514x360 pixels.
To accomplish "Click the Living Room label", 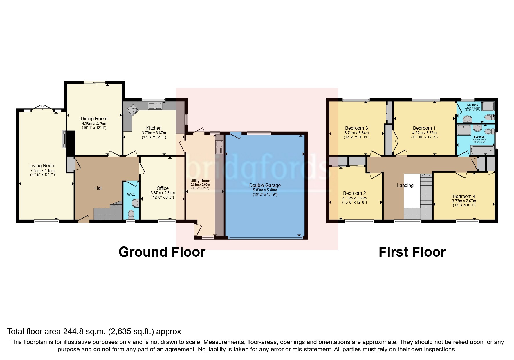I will pos(42,165).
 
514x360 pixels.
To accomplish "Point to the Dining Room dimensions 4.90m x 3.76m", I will pos(94,123).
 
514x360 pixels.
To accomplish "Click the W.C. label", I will pos(131,194).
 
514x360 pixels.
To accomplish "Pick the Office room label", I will pos(163,188).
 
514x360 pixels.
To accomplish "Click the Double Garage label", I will pos(265,185).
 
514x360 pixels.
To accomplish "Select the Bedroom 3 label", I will pos(356,128).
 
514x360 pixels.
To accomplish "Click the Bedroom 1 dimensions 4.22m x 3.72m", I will pos(424,133).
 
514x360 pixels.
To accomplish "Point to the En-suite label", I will pos(472,105).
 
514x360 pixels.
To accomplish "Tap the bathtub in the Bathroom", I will pos(482,150).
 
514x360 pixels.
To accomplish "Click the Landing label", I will pos(405,185).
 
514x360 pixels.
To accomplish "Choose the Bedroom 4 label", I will pos(464,196).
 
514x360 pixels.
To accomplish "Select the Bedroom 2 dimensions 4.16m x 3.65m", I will pos(354,198).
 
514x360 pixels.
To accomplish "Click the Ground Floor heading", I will pos(162,252).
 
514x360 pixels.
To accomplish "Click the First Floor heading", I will pos(412,252).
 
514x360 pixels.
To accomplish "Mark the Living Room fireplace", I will pos(64,139).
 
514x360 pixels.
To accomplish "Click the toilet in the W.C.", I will pos(131,214).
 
